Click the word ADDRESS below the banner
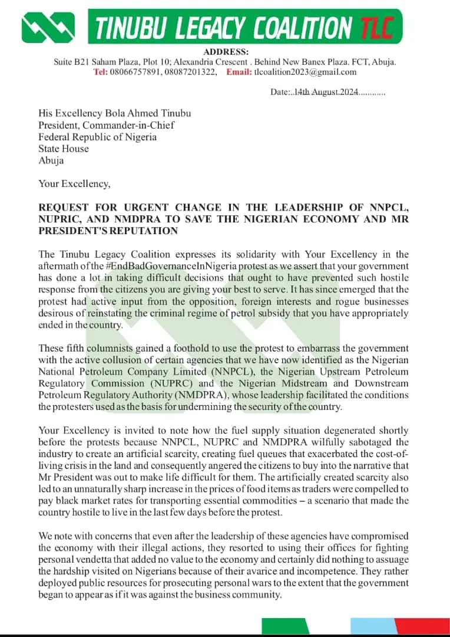tap(226, 52)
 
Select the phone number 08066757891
tap(143, 72)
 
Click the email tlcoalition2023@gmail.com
tap(305, 72)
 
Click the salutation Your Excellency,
tap(74, 183)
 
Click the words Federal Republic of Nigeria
tap(97, 137)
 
